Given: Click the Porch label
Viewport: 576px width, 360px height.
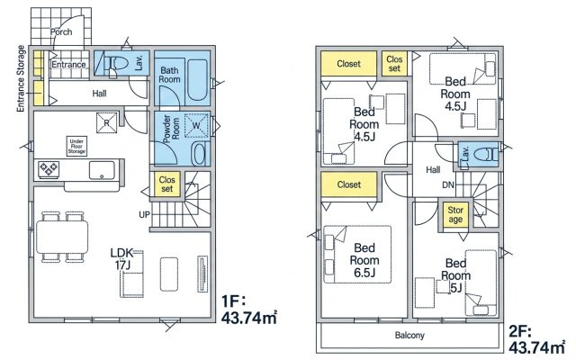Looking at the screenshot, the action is click(61, 32).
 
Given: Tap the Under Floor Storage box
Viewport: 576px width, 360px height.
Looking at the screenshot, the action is click(76, 146).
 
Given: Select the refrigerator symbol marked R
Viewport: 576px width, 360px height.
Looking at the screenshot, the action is click(106, 122).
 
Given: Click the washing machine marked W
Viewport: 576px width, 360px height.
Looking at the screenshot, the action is click(196, 126).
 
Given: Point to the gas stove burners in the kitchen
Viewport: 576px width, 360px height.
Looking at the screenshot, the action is click(49, 169).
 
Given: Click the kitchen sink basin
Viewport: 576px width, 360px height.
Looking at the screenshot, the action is click(102, 170).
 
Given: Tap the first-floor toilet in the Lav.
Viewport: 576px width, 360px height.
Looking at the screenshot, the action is click(116, 64).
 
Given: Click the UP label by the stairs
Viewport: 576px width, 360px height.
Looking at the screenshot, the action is click(144, 214).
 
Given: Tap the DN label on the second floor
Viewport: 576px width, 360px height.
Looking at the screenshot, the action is click(448, 184).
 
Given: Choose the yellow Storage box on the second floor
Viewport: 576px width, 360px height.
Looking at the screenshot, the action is click(455, 214).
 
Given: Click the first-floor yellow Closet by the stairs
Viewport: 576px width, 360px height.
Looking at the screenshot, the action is click(166, 184).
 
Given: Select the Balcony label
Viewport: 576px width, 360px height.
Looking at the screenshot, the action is click(409, 335).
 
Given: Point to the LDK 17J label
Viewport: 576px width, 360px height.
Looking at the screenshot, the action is click(121, 258).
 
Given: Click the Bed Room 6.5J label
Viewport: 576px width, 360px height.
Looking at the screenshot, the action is click(364, 260).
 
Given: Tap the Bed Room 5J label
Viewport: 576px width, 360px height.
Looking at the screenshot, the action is click(455, 275).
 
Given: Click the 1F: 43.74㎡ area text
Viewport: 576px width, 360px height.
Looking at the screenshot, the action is click(248, 310).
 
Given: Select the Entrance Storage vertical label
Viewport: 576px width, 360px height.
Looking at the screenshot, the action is click(21, 78).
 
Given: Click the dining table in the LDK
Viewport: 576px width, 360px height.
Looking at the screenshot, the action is click(62, 237).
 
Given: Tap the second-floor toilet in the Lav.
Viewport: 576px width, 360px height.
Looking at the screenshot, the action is click(485, 155).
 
